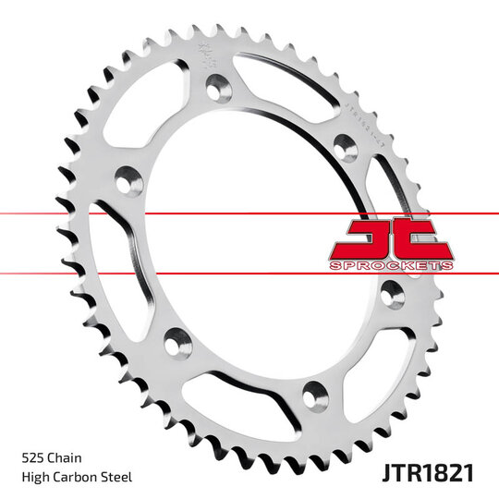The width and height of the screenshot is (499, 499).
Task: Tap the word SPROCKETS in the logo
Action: [392, 265]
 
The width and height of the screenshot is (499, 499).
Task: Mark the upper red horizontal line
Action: [185, 213]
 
